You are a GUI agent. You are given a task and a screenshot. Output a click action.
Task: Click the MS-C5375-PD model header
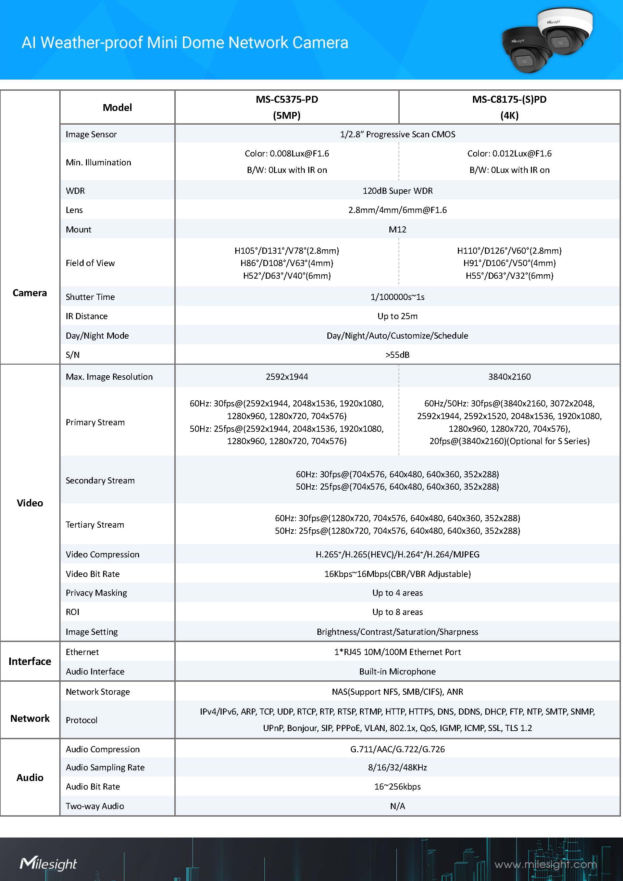coord(287,107)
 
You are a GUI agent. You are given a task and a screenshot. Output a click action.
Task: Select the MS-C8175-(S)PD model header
coord(509,107)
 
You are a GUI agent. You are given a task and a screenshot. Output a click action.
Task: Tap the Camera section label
coord(29,293)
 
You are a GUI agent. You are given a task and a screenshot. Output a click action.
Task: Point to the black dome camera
coord(527,51)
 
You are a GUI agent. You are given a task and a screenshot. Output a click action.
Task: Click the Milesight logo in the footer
coord(48,864)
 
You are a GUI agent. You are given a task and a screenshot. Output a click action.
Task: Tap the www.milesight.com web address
coord(545,864)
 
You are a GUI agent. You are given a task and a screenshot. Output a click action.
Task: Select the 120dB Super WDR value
coord(397,191)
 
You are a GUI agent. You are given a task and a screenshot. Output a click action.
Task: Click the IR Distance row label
coord(86,316)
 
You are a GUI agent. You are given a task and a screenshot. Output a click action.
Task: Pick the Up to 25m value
coord(397,316)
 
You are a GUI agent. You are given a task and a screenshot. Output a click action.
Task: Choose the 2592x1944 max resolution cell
coord(287,377)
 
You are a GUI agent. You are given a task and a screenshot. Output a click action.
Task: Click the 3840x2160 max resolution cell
coord(509,377)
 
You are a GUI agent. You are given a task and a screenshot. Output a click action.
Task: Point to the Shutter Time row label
coord(90,297)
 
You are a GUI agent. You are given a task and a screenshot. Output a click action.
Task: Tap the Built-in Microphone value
coord(397,671)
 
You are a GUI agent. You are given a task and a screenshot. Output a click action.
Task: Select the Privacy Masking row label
coord(96,593)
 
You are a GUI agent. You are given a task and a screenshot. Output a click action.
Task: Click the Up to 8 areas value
coord(397,612)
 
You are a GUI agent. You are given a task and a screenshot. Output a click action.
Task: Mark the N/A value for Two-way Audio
coord(397,806)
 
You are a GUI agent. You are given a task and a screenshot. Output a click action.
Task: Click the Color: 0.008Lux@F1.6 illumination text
coord(287,153)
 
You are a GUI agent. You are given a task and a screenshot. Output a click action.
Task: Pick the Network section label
coord(30,718)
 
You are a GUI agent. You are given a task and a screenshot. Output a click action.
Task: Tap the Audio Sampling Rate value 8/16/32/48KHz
coord(397,767)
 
